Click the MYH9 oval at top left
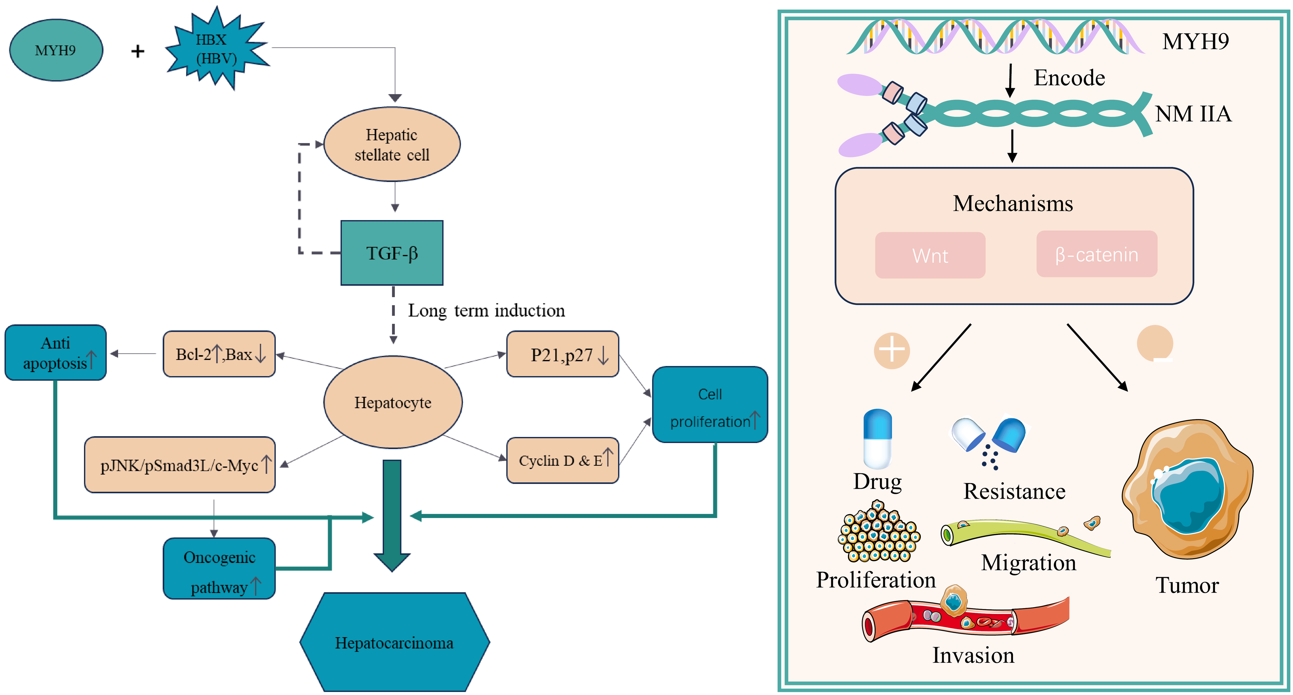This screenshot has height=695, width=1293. click(56, 50)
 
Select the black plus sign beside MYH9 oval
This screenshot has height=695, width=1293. click(138, 51)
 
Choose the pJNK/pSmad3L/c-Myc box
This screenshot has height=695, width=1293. click(180, 465)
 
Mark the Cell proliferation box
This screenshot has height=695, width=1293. click(710, 405)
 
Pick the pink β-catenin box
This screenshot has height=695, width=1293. click(1097, 254)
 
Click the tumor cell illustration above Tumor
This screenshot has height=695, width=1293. click(1187, 490)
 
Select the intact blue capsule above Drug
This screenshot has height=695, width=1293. click(877, 438)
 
